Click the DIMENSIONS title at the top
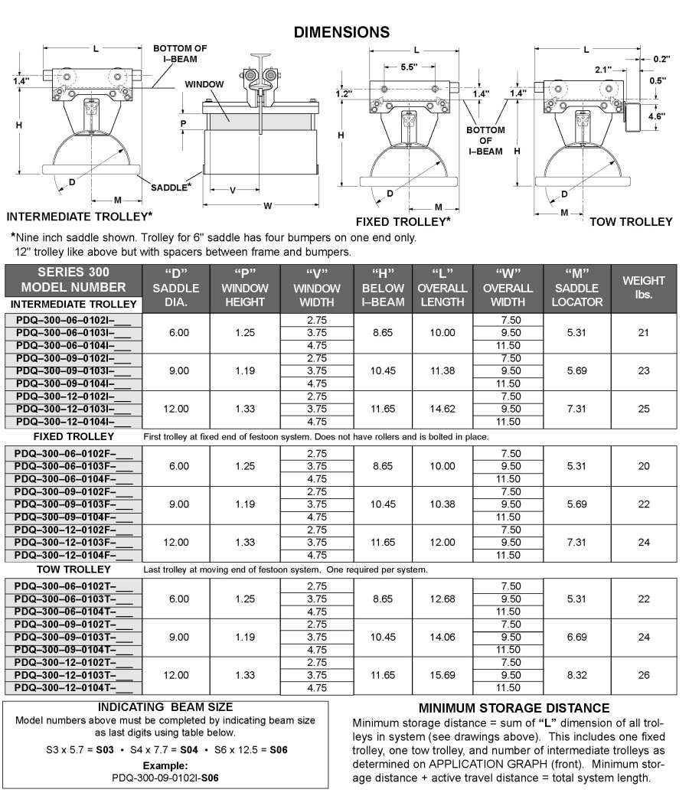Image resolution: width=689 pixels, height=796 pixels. pos(342,32)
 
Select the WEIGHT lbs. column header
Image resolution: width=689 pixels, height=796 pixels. pos(643,287)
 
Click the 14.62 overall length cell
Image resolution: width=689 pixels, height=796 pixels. pos(442,409)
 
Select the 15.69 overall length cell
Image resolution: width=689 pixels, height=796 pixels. pos(442,675)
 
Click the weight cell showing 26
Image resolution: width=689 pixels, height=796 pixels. pos(643,675)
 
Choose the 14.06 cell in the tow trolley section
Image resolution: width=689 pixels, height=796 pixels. pos(442,637)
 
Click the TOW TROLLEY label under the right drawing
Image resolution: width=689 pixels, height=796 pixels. pos(631,222)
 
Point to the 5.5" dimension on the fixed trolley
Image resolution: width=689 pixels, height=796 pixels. pos(410,67)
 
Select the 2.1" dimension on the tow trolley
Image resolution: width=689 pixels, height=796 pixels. pos(604,70)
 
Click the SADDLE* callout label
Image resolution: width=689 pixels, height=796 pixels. pos(171,187)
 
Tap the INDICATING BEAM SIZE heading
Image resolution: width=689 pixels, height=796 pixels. pos(165,707)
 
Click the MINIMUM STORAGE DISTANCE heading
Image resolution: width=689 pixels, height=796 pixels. pos(514,708)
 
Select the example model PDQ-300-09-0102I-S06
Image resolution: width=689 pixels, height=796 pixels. pos(165,777)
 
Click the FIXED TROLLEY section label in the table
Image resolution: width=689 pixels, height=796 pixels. pos(73,436)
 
